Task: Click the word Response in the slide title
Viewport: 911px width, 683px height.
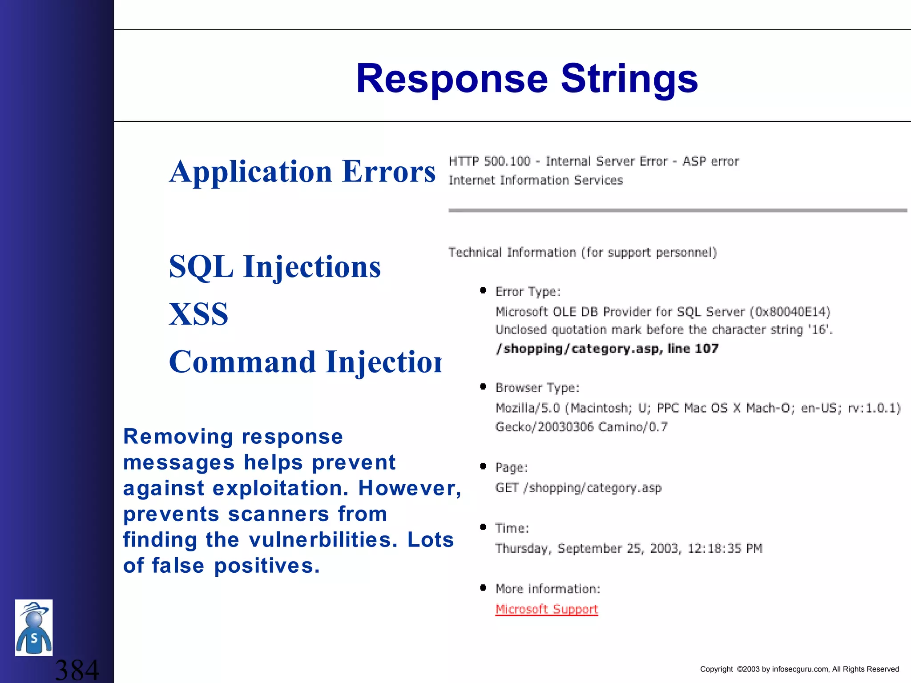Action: coord(451,79)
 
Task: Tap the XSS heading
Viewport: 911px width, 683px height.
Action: coord(198,314)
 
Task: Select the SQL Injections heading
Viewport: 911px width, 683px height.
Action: coord(275,267)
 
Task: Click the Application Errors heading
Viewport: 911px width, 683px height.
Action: coord(302,172)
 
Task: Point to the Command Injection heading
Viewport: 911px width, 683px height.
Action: coord(305,362)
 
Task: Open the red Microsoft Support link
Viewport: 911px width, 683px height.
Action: coord(547,609)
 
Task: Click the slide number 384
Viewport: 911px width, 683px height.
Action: coord(77,670)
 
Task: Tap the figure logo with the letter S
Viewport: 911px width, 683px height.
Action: coord(34,627)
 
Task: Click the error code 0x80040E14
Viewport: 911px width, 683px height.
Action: coord(790,312)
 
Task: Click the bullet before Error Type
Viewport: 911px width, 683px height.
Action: coord(483,291)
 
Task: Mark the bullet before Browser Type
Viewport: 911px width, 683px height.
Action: coord(483,386)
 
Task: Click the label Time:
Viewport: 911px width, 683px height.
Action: coord(512,528)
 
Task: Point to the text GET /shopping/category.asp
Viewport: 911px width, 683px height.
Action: coord(578,488)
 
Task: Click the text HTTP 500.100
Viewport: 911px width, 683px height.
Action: coord(489,161)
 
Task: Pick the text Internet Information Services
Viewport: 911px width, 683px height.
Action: coord(536,180)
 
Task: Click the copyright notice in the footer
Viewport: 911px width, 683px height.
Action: coord(799,669)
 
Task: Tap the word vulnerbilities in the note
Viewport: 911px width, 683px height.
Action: coord(322,540)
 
